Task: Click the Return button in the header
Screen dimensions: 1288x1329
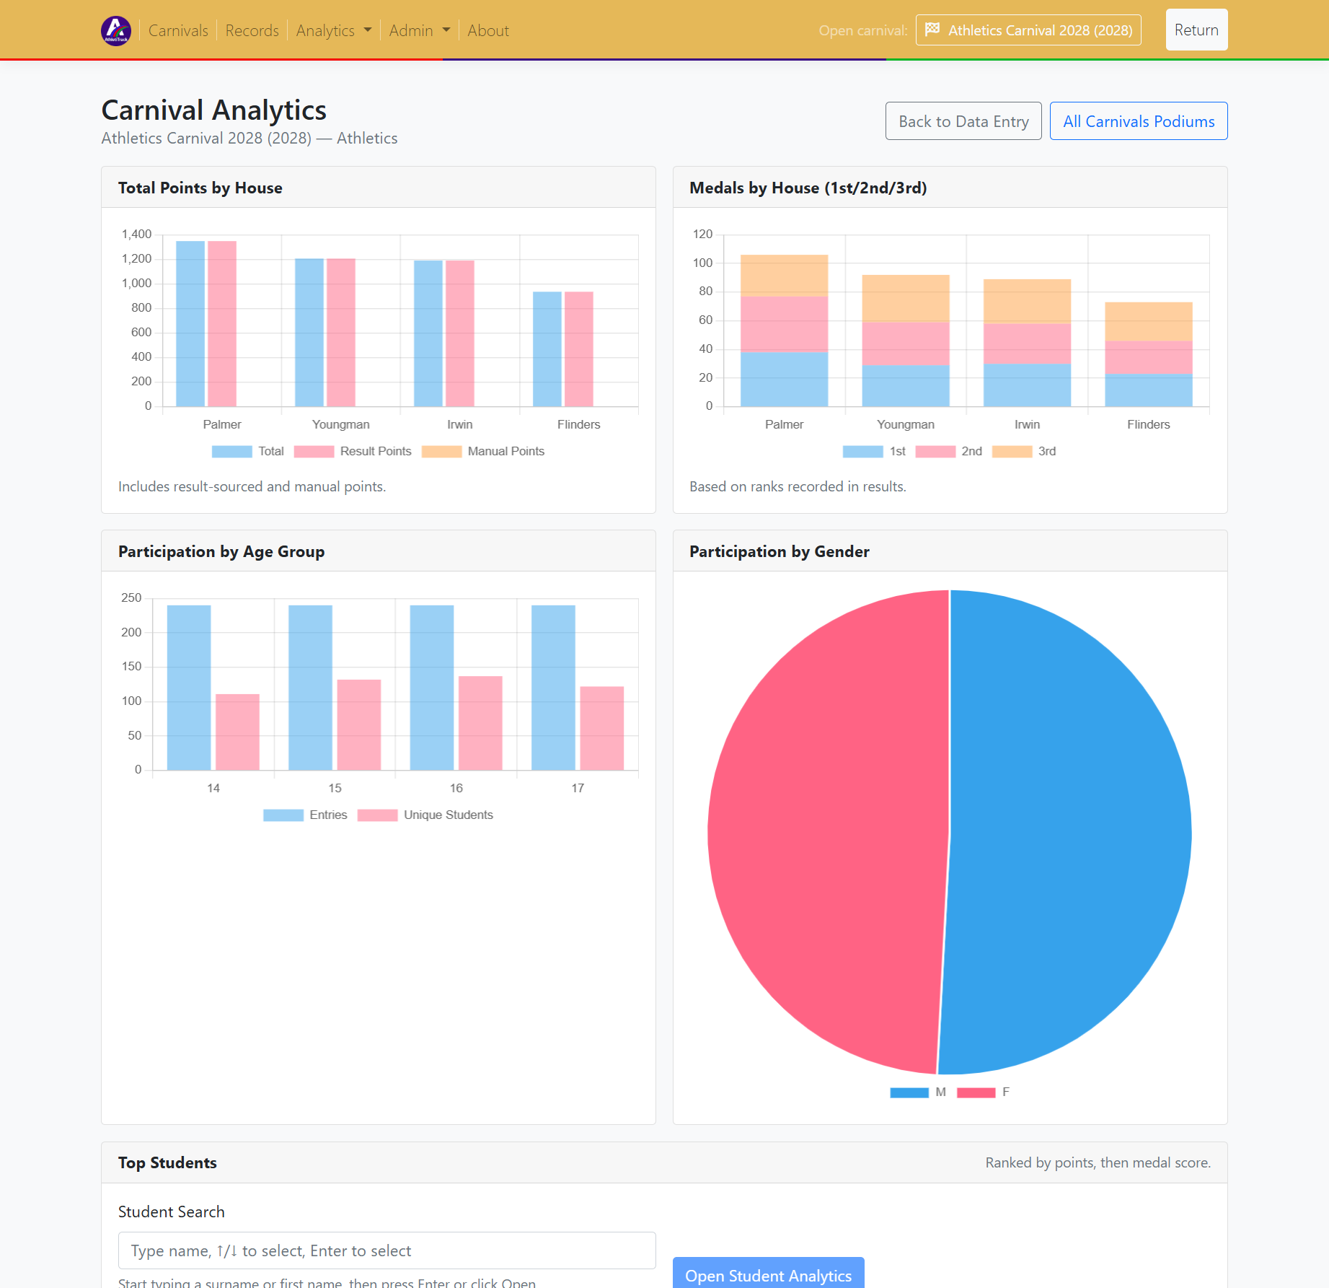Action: (1196, 30)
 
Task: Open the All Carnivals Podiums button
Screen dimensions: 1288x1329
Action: (1138, 121)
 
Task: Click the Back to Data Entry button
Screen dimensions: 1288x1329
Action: (963, 121)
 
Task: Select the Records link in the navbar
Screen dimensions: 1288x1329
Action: (252, 30)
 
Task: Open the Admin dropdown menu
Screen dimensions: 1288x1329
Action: (419, 30)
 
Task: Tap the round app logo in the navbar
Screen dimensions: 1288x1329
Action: (116, 30)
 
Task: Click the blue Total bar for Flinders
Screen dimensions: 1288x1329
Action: (547, 349)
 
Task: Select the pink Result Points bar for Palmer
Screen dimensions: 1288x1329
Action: (222, 324)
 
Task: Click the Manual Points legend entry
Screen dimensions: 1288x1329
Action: (483, 451)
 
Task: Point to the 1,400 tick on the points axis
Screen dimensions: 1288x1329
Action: (136, 234)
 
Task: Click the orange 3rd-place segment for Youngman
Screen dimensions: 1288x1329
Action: (905, 298)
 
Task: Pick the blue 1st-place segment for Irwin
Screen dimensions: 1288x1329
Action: (1026, 385)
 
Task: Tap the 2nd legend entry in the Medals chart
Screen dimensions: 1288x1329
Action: (948, 451)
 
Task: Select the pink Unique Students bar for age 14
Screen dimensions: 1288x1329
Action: (237, 732)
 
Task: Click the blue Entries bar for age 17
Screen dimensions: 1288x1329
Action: (553, 687)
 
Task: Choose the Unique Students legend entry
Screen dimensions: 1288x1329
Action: (425, 815)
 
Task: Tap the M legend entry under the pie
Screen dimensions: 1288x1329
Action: (917, 1092)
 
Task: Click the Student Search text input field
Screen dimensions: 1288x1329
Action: (387, 1250)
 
